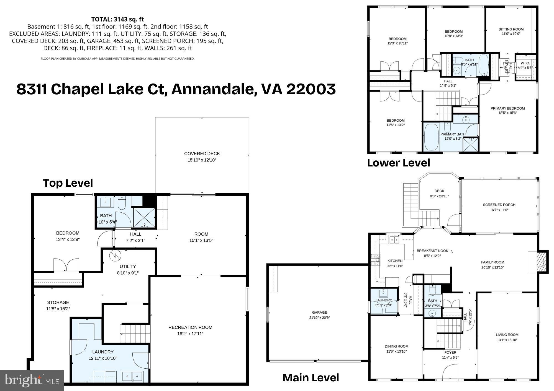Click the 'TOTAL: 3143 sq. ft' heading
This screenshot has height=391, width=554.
[x=117, y=19]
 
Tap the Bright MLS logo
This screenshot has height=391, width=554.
[x=32, y=380]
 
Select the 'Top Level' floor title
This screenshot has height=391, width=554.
[x=68, y=183]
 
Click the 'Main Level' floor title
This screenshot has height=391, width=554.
[x=311, y=378]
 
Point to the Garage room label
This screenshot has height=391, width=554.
[x=319, y=312]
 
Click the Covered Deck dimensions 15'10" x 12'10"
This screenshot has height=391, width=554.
[x=202, y=160]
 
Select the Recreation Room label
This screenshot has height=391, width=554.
[x=190, y=327]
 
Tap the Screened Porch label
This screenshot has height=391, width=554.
[x=499, y=205]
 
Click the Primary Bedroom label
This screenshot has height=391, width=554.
[x=507, y=108]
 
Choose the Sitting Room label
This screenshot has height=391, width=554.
[x=511, y=29]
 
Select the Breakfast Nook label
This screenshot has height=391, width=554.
[x=432, y=251]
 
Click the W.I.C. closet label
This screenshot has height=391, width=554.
[x=525, y=63]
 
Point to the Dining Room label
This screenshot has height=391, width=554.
[x=396, y=346]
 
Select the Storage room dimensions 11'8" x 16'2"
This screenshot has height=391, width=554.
[x=58, y=309]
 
